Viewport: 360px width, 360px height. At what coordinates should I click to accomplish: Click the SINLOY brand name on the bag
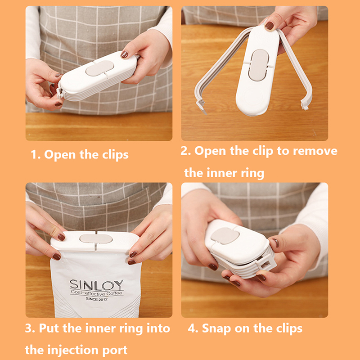[x=96, y=285]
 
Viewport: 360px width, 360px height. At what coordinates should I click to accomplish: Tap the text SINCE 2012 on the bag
[x=96, y=299]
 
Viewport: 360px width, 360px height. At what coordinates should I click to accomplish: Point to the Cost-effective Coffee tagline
[x=97, y=293]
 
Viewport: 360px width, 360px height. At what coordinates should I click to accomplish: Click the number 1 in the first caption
[x=35, y=154]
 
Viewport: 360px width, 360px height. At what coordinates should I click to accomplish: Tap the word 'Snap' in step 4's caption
[x=216, y=329]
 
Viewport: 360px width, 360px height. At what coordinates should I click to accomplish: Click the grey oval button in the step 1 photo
[x=99, y=68]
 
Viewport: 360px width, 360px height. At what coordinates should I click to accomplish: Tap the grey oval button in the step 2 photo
[x=258, y=65]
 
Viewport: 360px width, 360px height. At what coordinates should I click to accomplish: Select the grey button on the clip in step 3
[x=96, y=239]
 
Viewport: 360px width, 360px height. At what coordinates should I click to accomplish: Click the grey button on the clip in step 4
[x=225, y=236]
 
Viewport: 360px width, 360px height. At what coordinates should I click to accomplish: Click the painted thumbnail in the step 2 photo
[x=269, y=26]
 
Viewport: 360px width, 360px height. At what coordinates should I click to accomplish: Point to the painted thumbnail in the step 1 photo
[x=124, y=54]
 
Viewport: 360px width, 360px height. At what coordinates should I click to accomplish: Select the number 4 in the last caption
[x=191, y=328]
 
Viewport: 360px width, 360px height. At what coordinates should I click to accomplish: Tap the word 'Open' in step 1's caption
[x=60, y=155]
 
